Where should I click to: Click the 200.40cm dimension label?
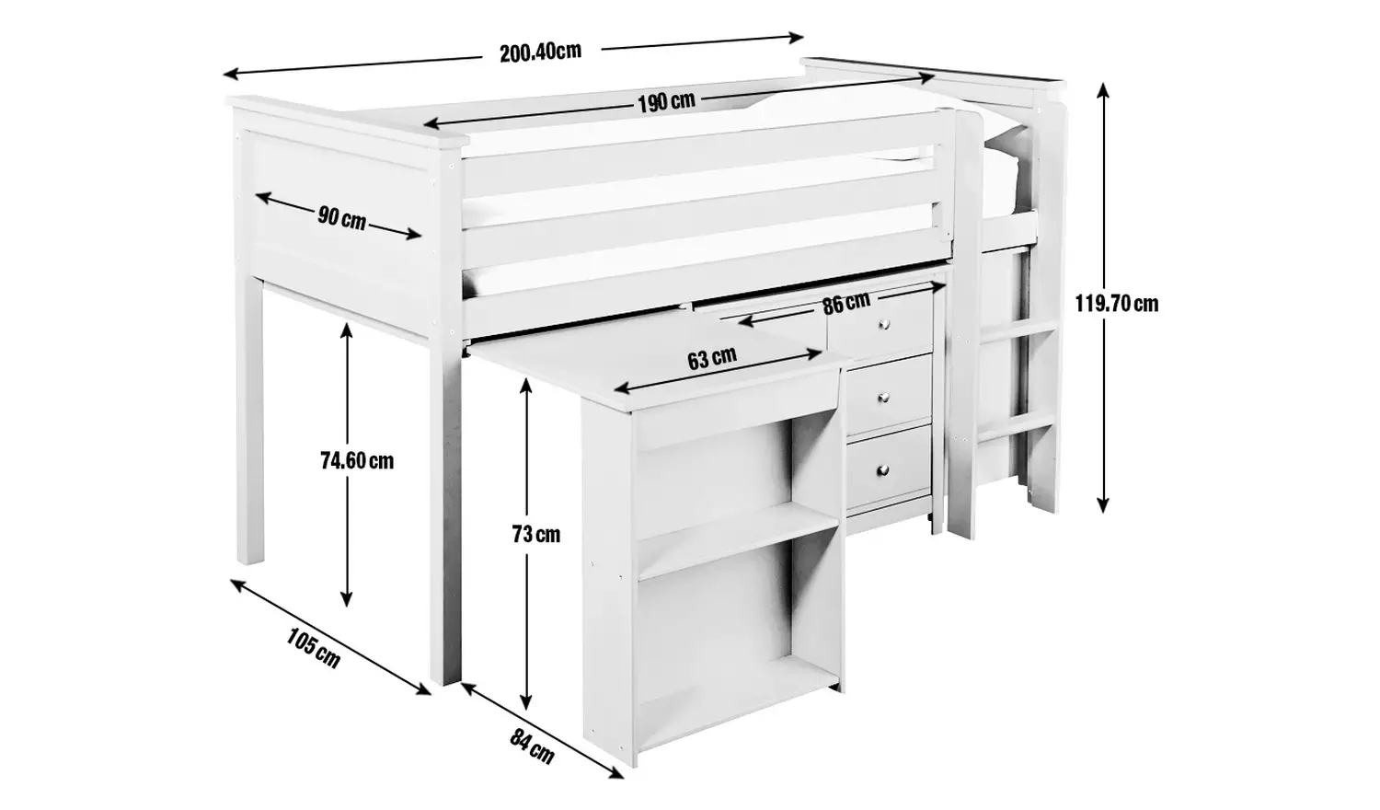(540, 52)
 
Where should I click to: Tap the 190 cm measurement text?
(666, 101)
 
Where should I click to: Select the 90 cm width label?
(341, 218)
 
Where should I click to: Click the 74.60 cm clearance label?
(357, 460)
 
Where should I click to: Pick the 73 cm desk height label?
(535, 534)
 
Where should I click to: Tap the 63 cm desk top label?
(711, 357)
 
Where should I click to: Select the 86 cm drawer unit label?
(845, 302)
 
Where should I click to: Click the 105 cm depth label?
(314, 648)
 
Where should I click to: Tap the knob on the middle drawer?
(884, 397)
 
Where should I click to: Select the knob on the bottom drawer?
(884, 470)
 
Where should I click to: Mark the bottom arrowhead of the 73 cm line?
(526, 701)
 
